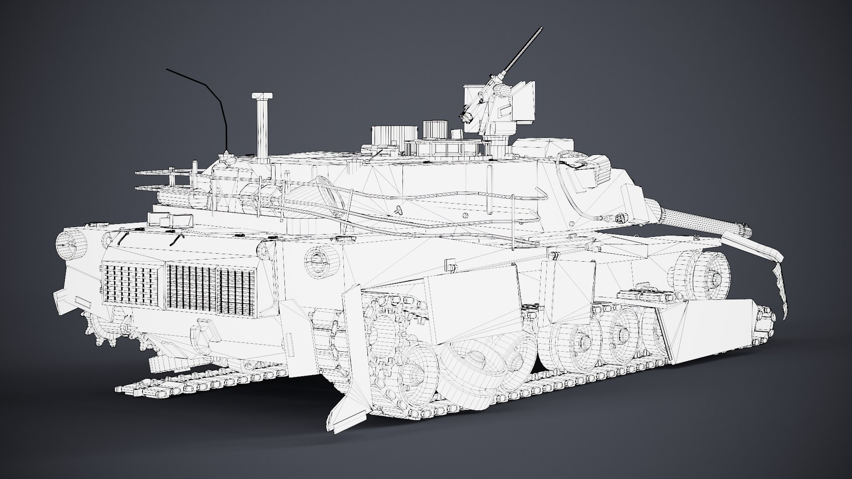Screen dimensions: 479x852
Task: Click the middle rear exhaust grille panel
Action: click(190, 288)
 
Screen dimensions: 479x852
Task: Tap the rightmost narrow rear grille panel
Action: click(235, 291)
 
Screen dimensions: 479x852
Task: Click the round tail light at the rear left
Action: click(69, 243)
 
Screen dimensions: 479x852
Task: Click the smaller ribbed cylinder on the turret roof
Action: click(434, 130)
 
